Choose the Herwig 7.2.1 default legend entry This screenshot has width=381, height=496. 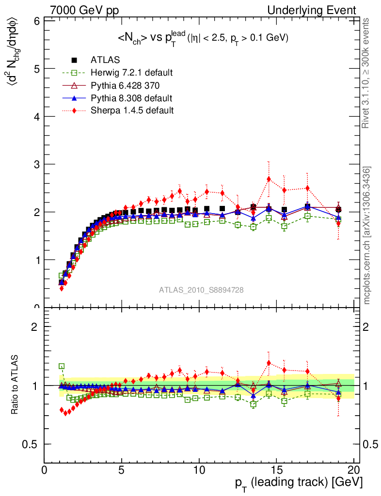(131, 73)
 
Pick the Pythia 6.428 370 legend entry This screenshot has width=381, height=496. (125, 85)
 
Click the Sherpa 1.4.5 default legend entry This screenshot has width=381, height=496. (132, 110)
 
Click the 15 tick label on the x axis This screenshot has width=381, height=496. (276, 470)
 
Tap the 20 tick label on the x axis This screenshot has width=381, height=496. (353, 470)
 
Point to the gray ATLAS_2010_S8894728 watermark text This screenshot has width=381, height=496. (201, 290)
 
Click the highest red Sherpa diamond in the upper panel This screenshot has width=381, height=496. (269, 179)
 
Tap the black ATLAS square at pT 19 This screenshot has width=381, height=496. (338, 209)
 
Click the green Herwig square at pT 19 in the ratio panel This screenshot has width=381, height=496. (338, 394)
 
